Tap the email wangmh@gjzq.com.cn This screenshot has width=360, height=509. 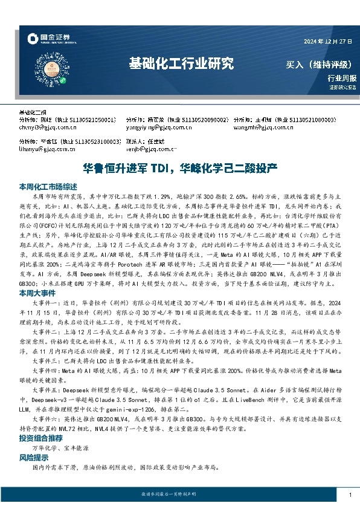259,128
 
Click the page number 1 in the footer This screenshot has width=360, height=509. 350,495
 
